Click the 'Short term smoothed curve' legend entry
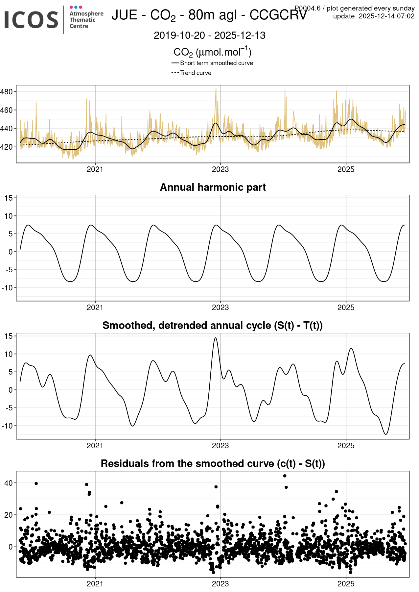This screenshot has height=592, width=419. point(216,63)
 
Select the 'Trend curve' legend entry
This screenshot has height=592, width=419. point(196,73)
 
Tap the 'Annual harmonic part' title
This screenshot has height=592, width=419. point(213,187)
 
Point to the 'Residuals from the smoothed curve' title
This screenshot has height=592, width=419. point(213,463)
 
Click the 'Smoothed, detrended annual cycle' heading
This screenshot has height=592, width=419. point(213,325)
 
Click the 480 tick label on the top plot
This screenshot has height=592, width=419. point(7,92)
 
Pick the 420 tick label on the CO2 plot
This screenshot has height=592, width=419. point(7,147)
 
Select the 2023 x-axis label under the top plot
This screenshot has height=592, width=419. point(220,169)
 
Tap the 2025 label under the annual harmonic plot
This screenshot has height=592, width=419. point(346,308)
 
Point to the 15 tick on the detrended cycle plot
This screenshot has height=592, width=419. point(9,336)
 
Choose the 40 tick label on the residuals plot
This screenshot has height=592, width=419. point(9,483)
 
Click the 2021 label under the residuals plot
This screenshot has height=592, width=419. point(95,584)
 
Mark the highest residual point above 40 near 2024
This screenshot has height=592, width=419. point(285,476)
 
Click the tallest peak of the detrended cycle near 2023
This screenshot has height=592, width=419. point(215,338)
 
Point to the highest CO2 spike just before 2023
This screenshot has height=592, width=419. point(216,89)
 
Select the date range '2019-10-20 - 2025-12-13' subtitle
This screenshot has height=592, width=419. point(210,36)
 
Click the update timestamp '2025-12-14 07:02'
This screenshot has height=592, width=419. point(386,16)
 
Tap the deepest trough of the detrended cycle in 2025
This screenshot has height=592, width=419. point(386,434)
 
